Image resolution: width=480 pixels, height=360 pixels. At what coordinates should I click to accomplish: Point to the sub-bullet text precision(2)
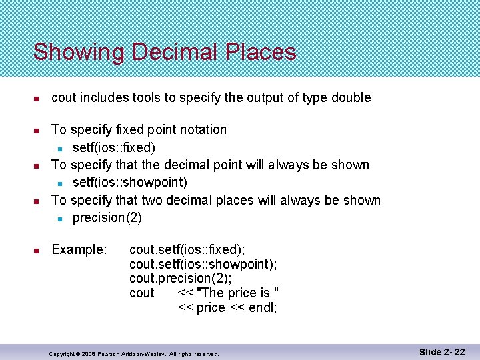coord(107,218)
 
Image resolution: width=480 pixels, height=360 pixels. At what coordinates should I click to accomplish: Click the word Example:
coord(79,249)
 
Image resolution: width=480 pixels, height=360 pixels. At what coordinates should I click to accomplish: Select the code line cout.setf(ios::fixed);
coord(187,249)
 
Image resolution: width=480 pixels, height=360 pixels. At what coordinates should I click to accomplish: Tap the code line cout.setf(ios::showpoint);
coord(203,264)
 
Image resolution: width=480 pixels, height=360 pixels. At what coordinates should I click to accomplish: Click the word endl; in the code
coord(263,307)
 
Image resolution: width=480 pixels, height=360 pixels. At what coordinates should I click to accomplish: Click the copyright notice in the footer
coord(134,353)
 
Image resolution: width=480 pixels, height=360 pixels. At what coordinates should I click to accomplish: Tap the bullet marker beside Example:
coord(38,250)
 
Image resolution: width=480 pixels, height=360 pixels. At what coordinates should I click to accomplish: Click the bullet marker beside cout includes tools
coord(38,98)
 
